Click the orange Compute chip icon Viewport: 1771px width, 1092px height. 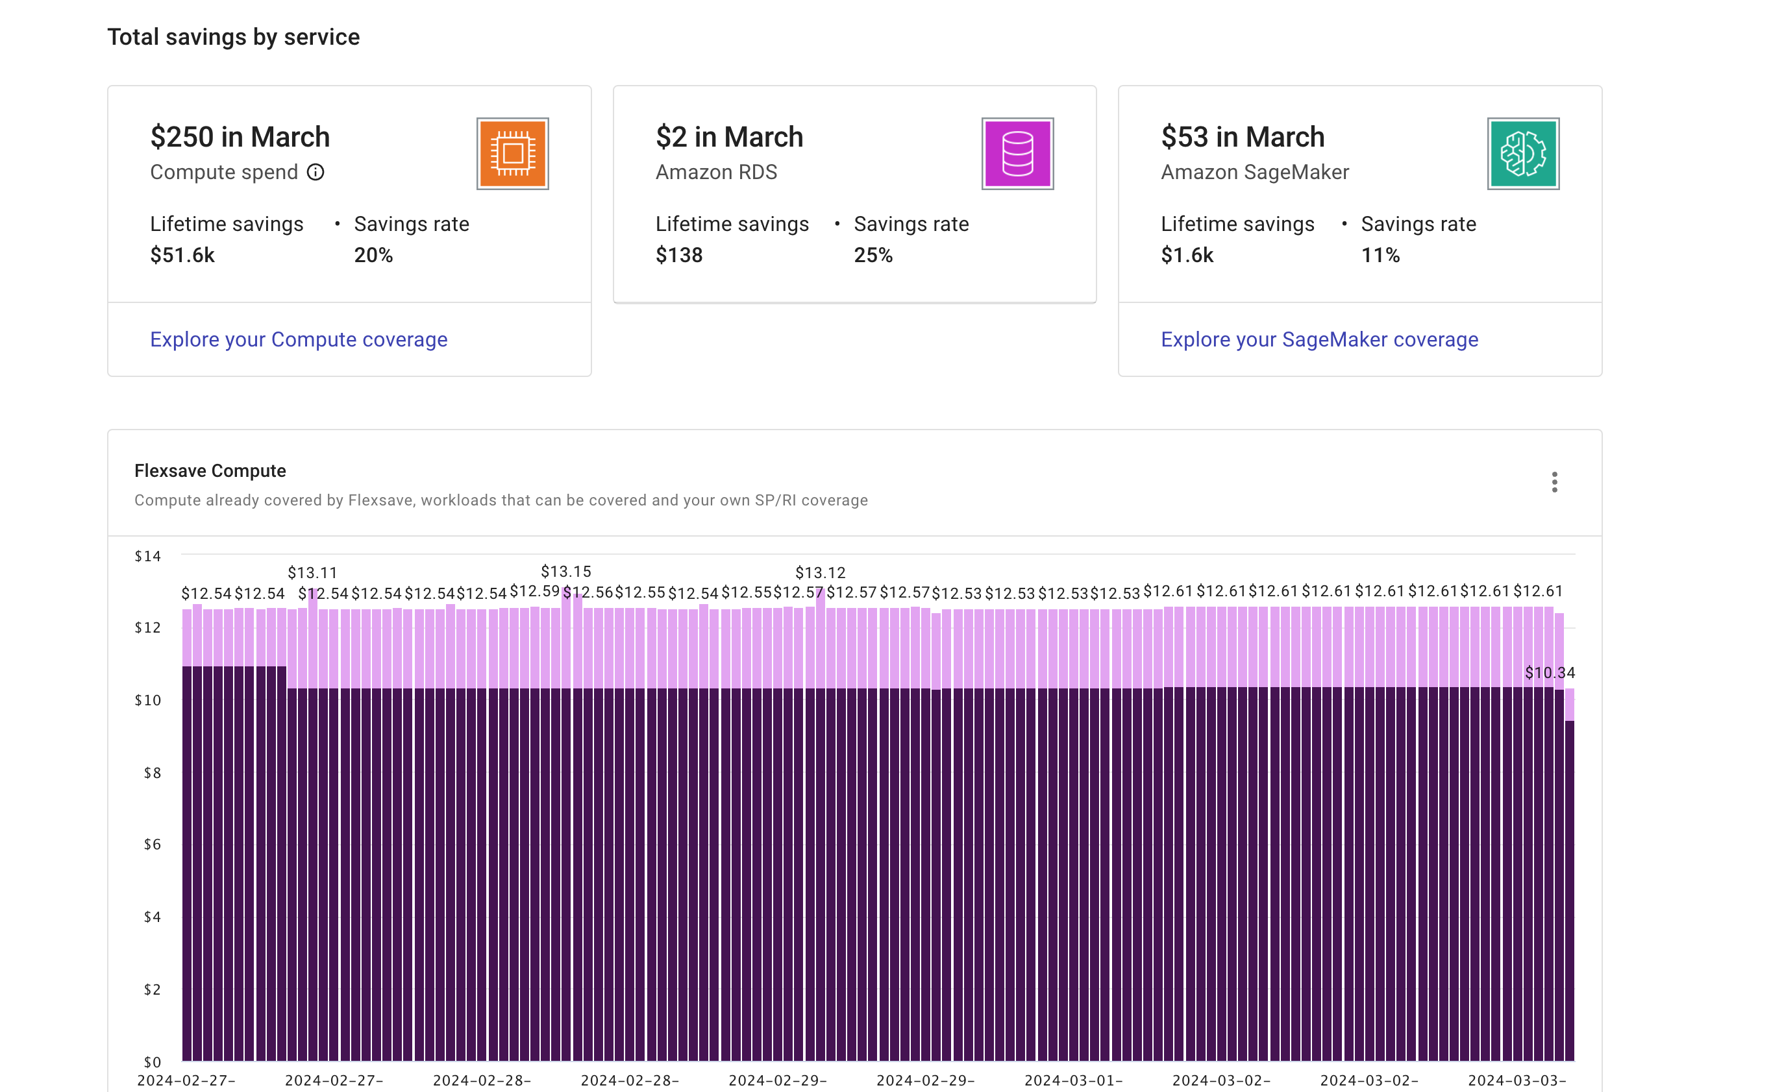(x=512, y=153)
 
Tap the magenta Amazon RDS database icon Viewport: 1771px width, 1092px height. (x=1017, y=153)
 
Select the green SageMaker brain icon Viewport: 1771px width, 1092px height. (x=1522, y=153)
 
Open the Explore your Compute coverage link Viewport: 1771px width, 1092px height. (x=299, y=339)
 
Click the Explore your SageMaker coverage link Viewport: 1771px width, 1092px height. (x=1319, y=339)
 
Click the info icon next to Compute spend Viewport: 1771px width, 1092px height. (x=316, y=172)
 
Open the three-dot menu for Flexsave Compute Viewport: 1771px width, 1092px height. (x=1554, y=481)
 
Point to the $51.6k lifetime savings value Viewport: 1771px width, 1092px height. (x=182, y=255)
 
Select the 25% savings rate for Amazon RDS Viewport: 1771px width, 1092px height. (x=873, y=255)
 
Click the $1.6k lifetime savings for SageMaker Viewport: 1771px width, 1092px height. (x=1187, y=255)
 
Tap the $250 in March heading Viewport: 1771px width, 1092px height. (x=240, y=137)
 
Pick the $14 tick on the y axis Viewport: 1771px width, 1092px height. (x=147, y=556)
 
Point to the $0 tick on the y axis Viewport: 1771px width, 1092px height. (x=152, y=1062)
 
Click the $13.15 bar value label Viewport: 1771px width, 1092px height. (x=565, y=571)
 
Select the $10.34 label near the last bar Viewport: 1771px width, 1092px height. (x=1549, y=672)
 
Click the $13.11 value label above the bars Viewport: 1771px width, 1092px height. (x=312, y=573)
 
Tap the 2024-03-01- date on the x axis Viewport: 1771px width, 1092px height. (x=1073, y=1080)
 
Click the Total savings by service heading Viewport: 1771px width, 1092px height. (x=234, y=37)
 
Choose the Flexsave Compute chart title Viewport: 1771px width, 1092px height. (x=210, y=471)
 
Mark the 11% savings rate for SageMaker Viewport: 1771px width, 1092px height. (x=1380, y=255)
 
